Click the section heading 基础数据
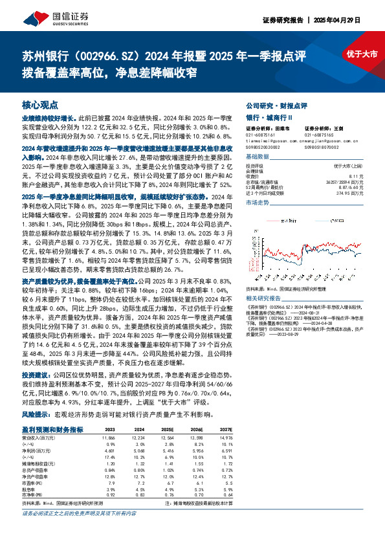(258, 157)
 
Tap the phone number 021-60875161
(261, 135)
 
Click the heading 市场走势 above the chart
(258, 203)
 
